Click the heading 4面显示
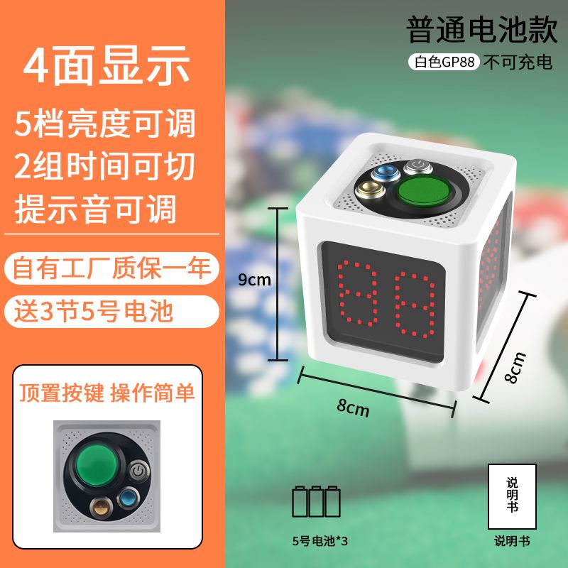tap(106, 66)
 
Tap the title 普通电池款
tap(482, 29)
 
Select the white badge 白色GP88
tap(444, 62)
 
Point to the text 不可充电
tap(518, 62)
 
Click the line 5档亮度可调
tap(105, 124)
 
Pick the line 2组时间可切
tap(104, 166)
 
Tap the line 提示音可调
tap(96, 209)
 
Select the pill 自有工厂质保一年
tap(111, 268)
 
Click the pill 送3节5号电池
tap(111, 312)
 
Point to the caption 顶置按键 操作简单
tap(107, 393)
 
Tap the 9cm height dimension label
tap(254, 280)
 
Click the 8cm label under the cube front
tap(353, 407)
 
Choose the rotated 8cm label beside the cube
tap(515, 367)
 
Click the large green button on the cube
tap(422, 191)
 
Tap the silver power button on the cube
tap(418, 166)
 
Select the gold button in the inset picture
tap(100, 508)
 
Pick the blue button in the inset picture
tap(129, 498)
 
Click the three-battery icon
tap(316, 501)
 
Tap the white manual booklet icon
tap(512, 496)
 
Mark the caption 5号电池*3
tap(320, 541)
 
